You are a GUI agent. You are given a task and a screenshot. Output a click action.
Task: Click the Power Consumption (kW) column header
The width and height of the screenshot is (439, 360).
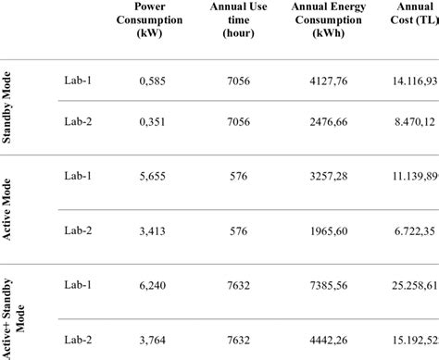144,19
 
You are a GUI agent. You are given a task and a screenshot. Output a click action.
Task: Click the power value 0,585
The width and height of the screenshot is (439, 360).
144,81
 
